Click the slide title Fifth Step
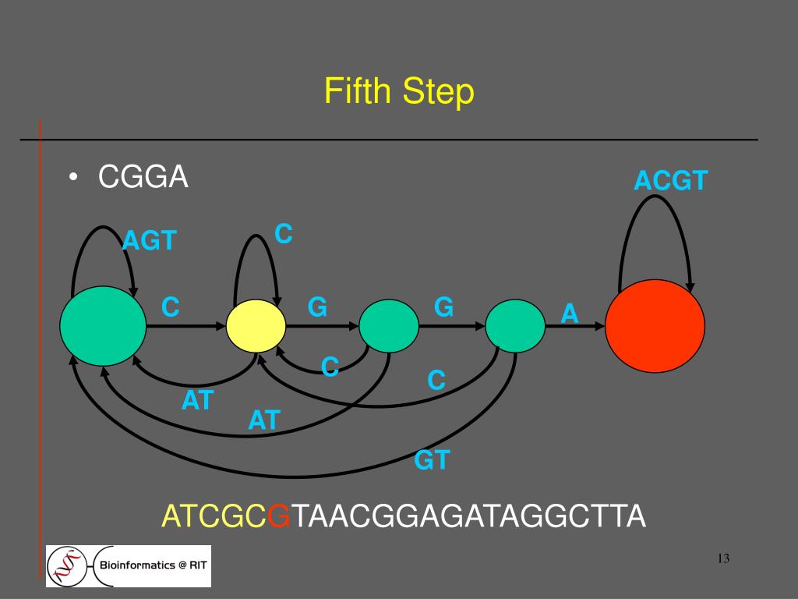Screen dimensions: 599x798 399,92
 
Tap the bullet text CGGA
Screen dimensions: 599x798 143,178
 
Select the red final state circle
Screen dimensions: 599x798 655,324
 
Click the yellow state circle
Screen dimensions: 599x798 256,325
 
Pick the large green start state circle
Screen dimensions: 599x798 103,326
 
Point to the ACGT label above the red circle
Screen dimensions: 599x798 670,181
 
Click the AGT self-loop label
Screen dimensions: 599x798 150,240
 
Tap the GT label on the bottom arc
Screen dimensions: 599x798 432,460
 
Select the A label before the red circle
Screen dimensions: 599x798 570,314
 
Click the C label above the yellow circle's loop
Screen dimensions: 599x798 284,232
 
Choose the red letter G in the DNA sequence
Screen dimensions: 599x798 278,516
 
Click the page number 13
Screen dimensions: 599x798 722,558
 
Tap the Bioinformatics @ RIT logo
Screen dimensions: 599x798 129,565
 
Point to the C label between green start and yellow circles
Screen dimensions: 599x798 171,307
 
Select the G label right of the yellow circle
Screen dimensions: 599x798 317,307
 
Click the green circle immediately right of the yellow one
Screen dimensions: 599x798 389,326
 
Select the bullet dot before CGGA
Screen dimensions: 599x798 72,179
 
